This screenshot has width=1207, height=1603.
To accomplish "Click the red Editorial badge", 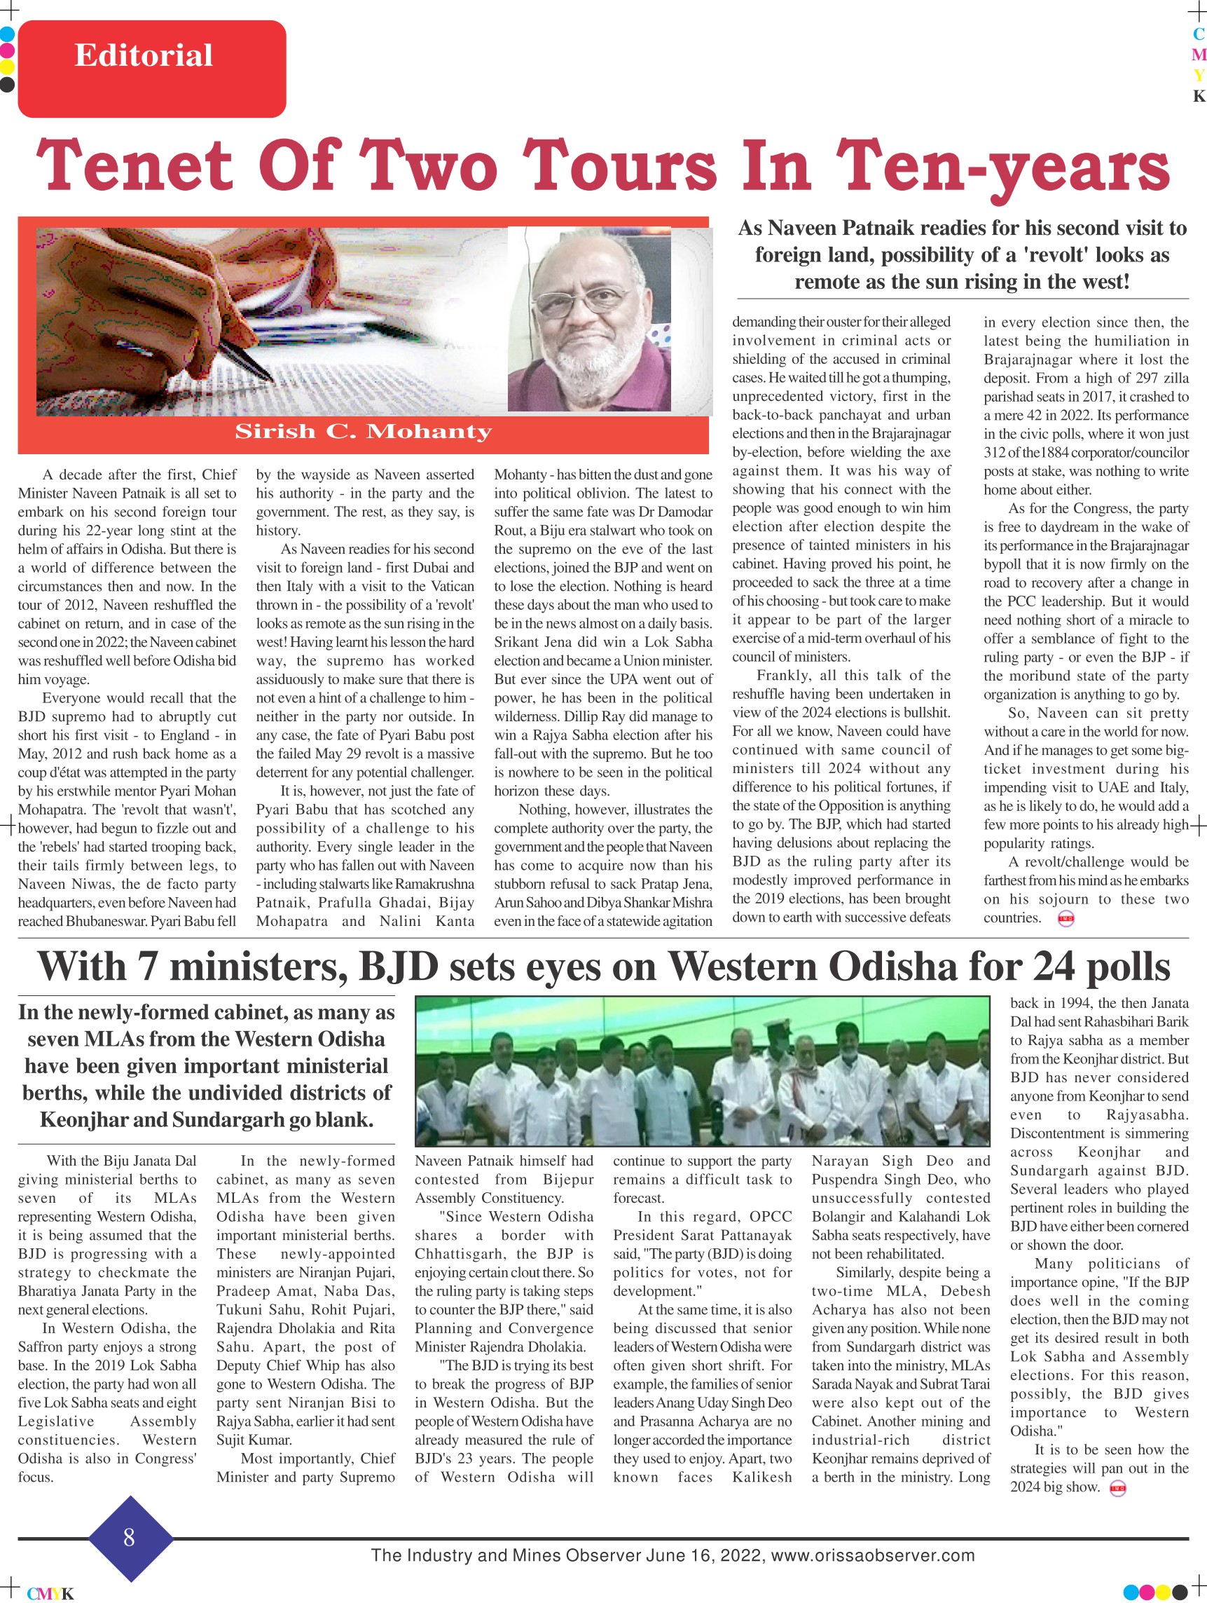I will click(x=151, y=68).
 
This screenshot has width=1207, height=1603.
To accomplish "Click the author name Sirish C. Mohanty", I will click(x=363, y=432).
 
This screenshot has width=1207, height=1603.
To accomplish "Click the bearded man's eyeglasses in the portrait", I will click(x=584, y=299).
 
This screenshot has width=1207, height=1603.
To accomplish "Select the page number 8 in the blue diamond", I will click(x=129, y=1536).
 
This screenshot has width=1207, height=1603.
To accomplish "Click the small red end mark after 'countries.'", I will click(x=1065, y=919).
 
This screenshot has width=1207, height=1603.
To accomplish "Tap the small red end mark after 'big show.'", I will click(x=1118, y=1489).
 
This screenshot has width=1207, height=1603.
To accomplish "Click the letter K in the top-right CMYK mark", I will click(x=1199, y=97).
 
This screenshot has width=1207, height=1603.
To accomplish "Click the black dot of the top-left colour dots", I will click(x=7, y=85).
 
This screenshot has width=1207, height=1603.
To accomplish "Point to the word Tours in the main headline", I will click(x=619, y=166).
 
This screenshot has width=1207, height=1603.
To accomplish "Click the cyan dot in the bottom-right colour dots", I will click(x=1131, y=1591).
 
